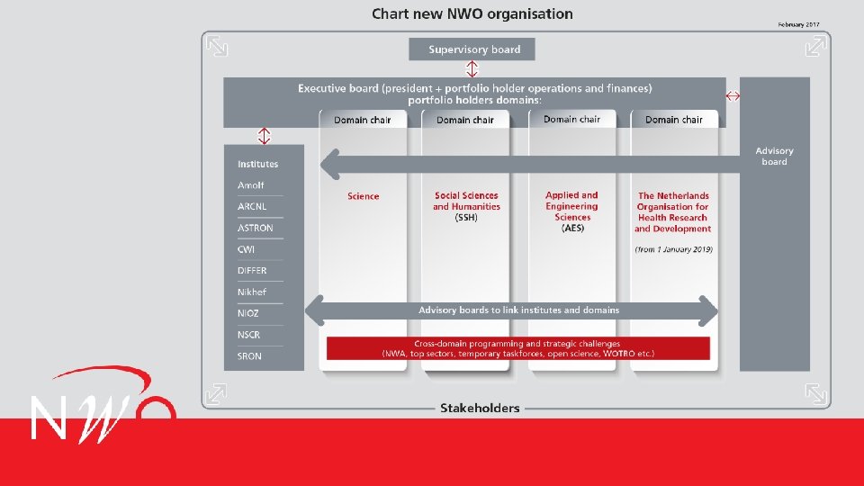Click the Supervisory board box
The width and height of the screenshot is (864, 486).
pyautogui.click(x=472, y=49)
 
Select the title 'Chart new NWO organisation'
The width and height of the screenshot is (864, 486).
pyautogui.click(x=472, y=13)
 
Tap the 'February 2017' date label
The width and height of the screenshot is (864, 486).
pyautogui.click(x=799, y=24)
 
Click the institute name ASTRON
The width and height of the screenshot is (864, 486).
pyautogui.click(x=255, y=228)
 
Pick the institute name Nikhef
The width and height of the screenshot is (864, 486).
pyautogui.click(x=252, y=292)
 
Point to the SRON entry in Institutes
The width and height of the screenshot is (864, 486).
pyautogui.click(x=249, y=356)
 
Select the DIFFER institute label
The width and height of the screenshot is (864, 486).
pyautogui.click(x=252, y=270)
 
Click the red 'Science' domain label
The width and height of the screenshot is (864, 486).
pyautogui.click(x=363, y=196)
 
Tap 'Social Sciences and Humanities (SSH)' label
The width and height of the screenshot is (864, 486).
pyautogui.click(x=465, y=206)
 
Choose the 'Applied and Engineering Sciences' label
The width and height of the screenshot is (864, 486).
pyautogui.click(x=571, y=211)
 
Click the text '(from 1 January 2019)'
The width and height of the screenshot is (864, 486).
pyautogui.click(x=673, y=249)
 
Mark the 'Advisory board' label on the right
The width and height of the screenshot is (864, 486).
pyautogui.click(x=774, y=157)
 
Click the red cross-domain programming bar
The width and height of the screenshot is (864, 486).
pyautogui.click(x=517, y=348)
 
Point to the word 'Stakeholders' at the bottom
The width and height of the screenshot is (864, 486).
pyautogui.click(x=480, y=408)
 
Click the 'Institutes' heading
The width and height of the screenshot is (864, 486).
pyautogui.click(x=257, y=164)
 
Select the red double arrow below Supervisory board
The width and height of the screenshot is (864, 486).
pyautogui.click(x=472, y=69)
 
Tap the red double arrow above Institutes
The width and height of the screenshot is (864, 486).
pyautogui.click(x=264, y=136)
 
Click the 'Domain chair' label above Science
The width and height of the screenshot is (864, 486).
pyautogui.click(x=363, y=120)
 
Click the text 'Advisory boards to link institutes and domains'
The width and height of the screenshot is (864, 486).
pyautogui.click(x=518, y=310)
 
